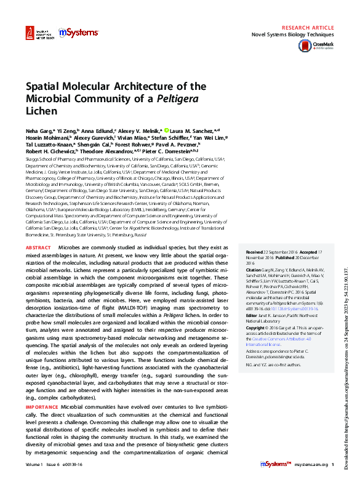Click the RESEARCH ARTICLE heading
pyautogui.click(x=307, y=28)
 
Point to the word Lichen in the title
pyautogui.click(x=41, y=111)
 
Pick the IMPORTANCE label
pyautogui.click(x=42, y=408)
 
